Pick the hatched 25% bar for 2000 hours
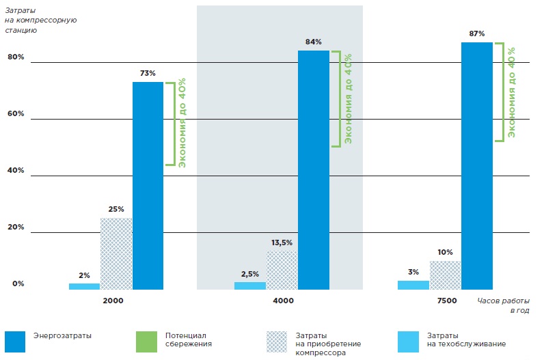[116, 253]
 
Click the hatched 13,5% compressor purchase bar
[282, 270]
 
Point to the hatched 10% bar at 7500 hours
[445, 275]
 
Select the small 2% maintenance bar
[84, 286]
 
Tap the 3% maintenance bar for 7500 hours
[413, 285]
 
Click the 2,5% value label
[249, 275]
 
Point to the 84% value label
[313, 42]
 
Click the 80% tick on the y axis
[16, 57]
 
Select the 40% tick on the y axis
[16, 170]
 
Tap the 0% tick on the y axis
[18, 283]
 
